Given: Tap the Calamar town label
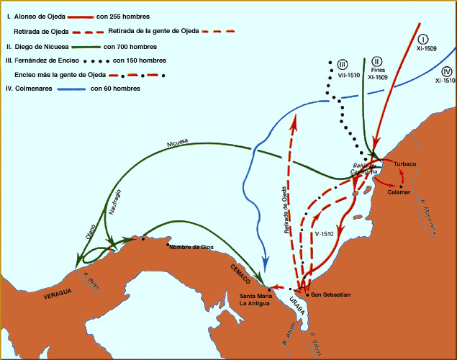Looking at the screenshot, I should (x=398, y=192).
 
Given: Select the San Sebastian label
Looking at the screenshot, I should (x=331, y=294).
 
